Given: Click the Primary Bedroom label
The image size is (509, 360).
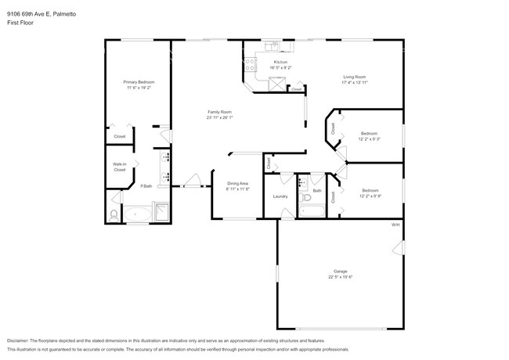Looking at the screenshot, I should point(139,82).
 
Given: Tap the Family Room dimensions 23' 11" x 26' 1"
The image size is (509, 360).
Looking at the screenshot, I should point(219,118).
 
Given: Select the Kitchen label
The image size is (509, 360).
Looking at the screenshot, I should point(280,62).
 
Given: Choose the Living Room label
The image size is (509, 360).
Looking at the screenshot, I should point(354,77).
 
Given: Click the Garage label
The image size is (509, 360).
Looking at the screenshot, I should point(340,272).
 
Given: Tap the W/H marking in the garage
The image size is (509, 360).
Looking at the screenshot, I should point(395,225).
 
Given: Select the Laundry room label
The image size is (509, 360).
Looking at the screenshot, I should point(280,196).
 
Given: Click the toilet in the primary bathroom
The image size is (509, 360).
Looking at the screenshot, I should point(114,213).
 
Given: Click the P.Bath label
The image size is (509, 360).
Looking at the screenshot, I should point(146,185).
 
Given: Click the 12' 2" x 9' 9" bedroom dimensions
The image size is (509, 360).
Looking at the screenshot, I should point(370,196).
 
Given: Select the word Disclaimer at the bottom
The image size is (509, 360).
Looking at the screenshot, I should point(18,340).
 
